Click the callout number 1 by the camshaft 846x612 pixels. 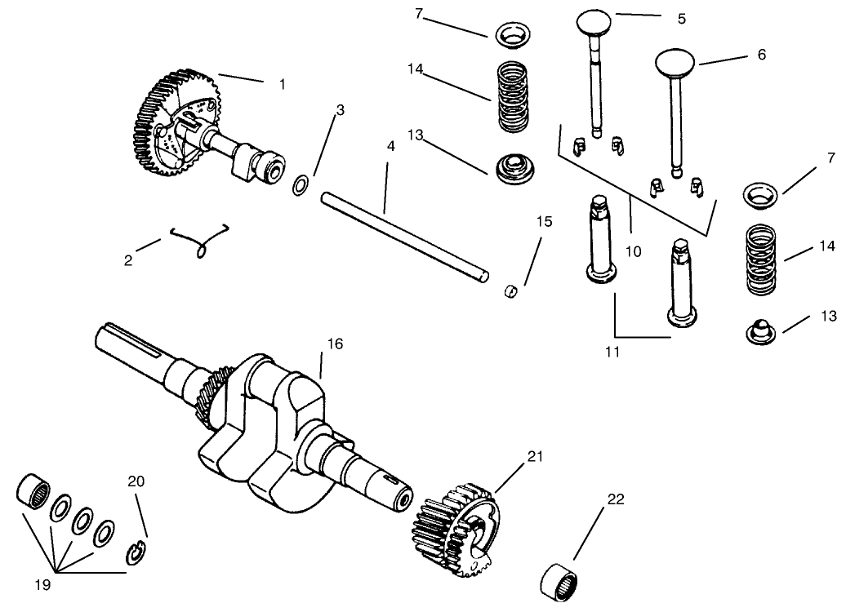pos(283,84)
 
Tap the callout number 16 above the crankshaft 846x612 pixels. pos(335,344)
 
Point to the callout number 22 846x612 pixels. pos(615,499)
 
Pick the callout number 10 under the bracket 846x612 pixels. pos(633,251)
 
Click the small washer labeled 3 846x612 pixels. pos(300,185)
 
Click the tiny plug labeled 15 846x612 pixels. pos(511,290)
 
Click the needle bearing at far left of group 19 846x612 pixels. pos(33,488)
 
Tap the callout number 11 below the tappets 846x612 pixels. pos(613,352)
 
